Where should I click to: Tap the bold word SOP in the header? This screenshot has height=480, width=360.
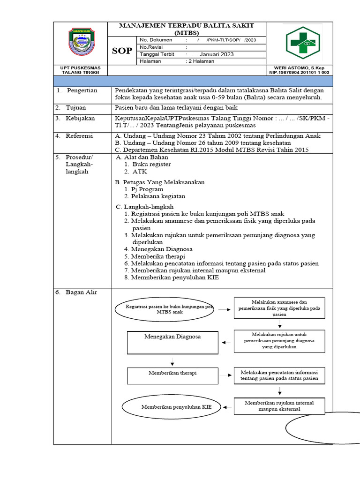point(122,51)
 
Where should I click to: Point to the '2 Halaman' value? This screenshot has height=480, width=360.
point(201,61)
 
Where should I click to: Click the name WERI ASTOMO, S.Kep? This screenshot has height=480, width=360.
point(298,68)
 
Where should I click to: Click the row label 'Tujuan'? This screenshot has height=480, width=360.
point(76,107)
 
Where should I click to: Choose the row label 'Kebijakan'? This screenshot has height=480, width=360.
point(80,118)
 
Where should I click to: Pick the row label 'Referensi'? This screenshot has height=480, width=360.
point(80,136)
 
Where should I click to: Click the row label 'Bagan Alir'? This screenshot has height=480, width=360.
point(81,292)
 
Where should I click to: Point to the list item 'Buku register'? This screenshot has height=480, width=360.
point(151,164)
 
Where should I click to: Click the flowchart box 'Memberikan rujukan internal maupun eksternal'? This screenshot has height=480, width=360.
point(279,406)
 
